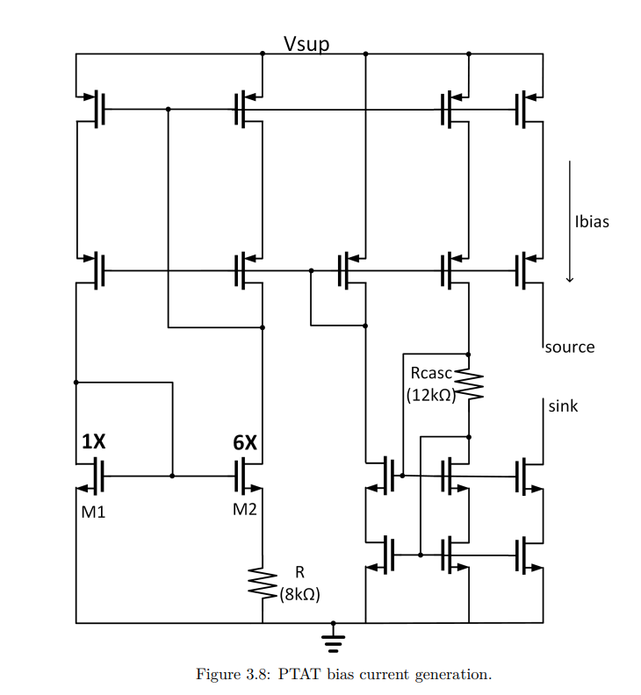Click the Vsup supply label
pos(306,44)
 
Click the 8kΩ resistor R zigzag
pos(263,584)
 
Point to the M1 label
pos(93,512)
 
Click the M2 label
pos(245,511)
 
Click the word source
pos(569,347)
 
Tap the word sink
pos(563,406)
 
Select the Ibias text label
pos(591,221)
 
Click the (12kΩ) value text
pos(429,395)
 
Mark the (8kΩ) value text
pos(299,594)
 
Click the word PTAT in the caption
pos(296,675)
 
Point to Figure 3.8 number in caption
pos(253,675)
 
